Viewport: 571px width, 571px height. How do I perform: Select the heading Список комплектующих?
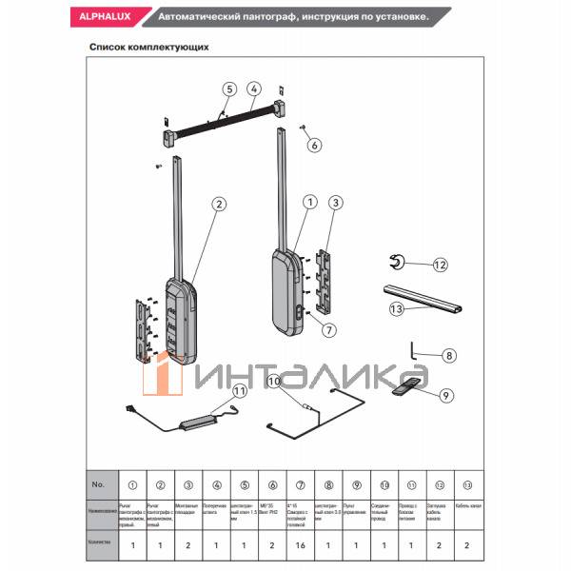(x=148, y=46)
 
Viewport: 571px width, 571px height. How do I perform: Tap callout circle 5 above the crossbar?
(x=228, y=89)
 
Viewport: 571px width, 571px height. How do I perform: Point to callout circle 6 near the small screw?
(x=315, y=146)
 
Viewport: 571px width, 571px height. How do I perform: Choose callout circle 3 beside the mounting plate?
(x=335, y=202)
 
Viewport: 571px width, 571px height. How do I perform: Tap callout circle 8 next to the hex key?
(x=450, y=355)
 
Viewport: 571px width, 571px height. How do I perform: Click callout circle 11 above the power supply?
(x=239, y=390)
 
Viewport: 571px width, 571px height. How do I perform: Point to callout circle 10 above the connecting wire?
(x=275, y=383)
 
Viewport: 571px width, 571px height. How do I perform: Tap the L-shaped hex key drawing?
(x=416, y=350)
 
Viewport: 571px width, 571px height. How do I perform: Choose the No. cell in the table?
(x=97, y=484)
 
